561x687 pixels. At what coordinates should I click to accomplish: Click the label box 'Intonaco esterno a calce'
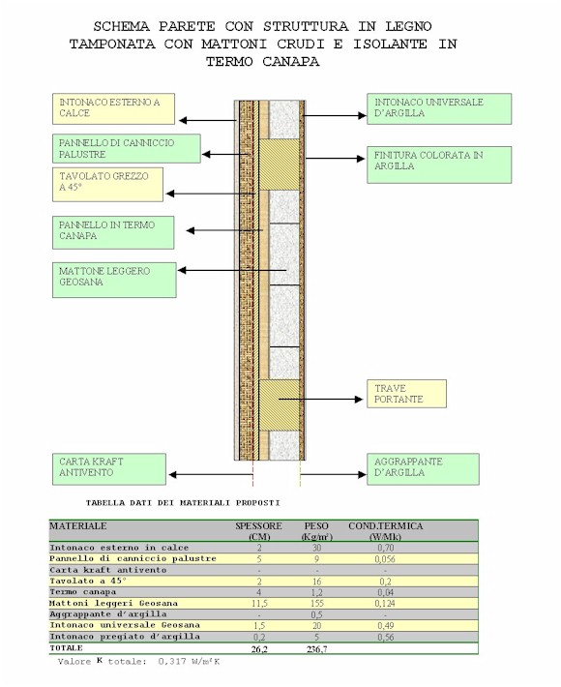(x=113, y=108)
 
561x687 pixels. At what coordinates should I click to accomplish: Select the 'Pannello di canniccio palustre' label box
(x=127, y=149)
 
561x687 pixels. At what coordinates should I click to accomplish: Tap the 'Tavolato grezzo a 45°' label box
(x=107, y=185)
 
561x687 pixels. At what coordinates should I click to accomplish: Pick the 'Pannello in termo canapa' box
(x=113, y=232)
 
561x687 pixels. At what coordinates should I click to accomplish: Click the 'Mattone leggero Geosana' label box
(x=114, y=280)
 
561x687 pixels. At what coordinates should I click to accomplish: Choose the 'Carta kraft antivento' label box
(x=109, y=469)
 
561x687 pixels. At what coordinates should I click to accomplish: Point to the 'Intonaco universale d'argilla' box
(x=439, y=108)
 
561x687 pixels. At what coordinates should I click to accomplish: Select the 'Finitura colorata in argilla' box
(x=439, y=164)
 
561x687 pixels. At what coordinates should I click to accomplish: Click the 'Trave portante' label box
(x=406, y=394)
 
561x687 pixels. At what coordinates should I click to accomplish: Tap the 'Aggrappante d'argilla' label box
(x=423, y=469)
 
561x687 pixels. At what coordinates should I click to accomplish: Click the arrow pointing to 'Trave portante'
(x=320, y=400)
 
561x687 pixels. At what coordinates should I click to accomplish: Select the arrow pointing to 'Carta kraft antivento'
(x=211, y=474)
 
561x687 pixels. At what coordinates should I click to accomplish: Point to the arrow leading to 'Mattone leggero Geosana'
(x=232, y=270)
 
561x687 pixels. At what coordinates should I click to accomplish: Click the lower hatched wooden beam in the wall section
(x=280, y=405)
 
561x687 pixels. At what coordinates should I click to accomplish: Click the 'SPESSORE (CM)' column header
(x=258, y=531)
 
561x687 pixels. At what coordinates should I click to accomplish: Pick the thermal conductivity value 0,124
(x=385, y=604)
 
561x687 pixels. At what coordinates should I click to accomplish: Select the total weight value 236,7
(x=316, y=649)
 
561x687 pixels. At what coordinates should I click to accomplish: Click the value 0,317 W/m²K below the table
(x=189, y=662)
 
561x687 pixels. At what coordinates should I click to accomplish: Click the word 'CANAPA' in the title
(x=291, y=62)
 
